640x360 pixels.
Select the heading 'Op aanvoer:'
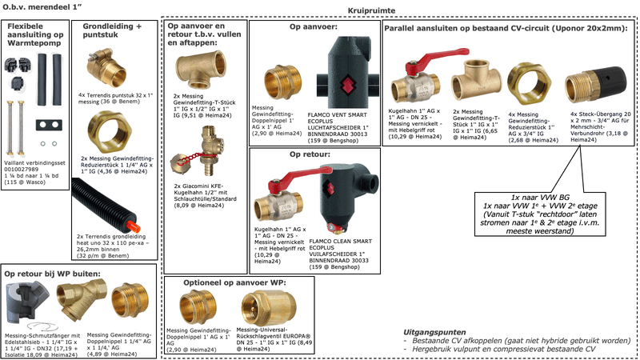[314, 26]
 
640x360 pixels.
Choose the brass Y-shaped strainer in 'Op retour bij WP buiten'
[74, 302]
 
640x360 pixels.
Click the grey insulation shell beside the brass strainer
[28, 302]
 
